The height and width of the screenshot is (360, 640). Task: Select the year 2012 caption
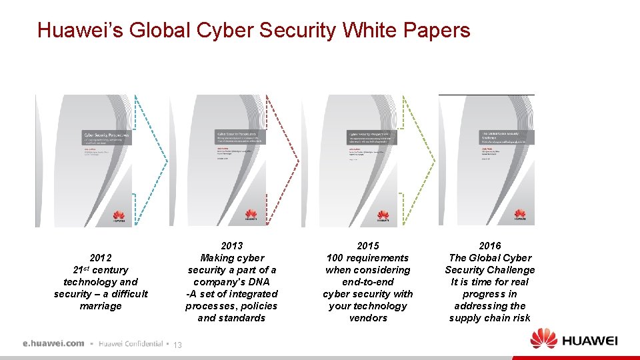101,258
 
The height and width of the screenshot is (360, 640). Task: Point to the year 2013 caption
231,246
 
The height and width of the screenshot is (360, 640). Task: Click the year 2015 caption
368,246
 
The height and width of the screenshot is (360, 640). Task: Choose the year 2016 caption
490,246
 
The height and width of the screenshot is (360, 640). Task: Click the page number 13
177,345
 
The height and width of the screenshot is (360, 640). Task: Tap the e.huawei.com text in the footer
53,343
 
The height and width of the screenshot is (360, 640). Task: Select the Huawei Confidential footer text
130,343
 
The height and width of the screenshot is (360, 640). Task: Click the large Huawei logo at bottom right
574,339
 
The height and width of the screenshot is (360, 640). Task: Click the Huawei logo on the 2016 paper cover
519,215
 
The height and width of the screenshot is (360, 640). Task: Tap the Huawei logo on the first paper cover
119,215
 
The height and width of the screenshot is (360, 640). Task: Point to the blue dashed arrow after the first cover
150,160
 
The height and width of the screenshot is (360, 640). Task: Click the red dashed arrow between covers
283,160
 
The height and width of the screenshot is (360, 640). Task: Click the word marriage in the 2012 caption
101,306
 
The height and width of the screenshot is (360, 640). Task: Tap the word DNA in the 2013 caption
257,282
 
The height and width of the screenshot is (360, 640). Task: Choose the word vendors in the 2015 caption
368,318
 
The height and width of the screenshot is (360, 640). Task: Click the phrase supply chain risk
490,318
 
